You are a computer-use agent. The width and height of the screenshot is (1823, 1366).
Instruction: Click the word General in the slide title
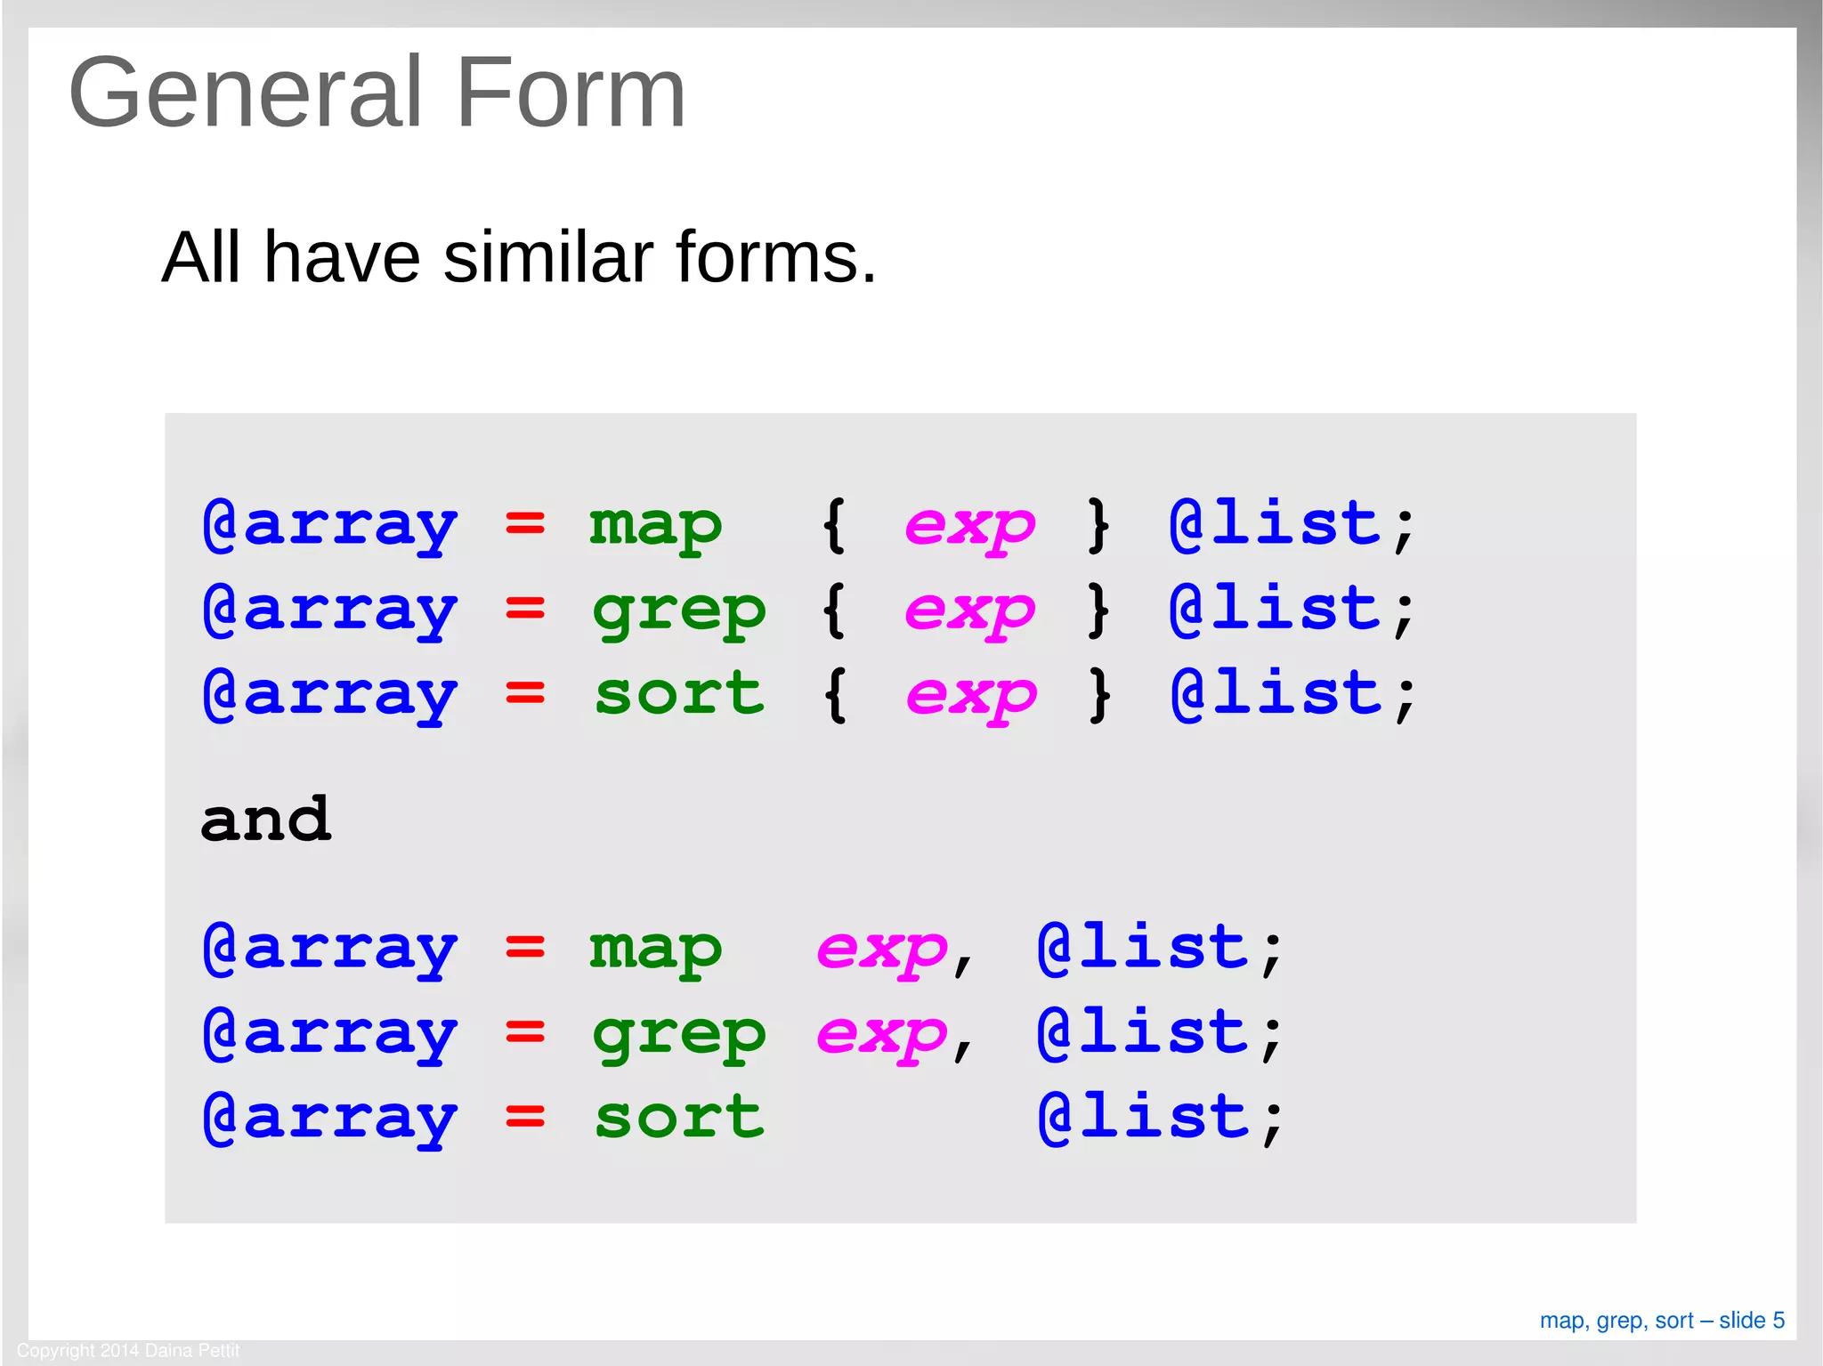pos(244,93)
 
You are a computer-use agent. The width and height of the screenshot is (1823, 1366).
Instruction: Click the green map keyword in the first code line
pos(655,525)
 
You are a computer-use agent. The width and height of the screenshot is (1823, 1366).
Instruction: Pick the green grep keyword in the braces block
pos(678,611)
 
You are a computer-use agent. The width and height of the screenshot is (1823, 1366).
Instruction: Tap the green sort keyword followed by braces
pos(678,694)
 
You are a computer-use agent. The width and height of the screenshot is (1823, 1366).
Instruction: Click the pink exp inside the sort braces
pos(971,696)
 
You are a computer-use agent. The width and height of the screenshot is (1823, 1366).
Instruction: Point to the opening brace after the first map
pos(834,525)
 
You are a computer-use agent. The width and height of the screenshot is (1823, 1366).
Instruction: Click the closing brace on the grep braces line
pos(1099,610)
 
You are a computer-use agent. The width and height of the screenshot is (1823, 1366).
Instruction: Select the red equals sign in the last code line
pos(525,1117)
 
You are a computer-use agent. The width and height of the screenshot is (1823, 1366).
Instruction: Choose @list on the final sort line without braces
pos(1144,1117)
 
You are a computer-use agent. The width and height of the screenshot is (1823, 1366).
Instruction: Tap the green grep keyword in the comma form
pos(678,1035)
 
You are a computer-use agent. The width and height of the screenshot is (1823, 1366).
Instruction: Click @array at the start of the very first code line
pos(330,525)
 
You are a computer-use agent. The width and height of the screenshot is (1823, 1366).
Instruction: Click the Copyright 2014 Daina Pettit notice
pos(128,1350)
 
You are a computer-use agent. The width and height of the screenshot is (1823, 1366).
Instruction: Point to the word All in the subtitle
pos(200,257)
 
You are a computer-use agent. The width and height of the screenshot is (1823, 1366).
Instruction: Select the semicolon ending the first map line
pos(1404,529)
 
